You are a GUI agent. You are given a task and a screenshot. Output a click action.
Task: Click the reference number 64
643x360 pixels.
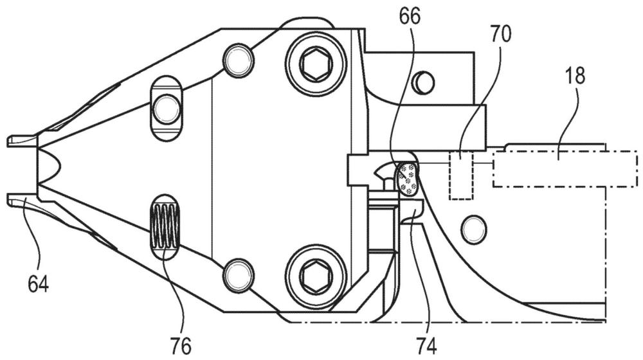pos(38,283)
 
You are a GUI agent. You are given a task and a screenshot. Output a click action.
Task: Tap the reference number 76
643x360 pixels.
pos(181,346)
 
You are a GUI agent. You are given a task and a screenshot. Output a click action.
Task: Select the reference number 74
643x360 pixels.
pos(426,345)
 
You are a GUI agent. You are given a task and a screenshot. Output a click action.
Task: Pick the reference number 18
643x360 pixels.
pos(575,76)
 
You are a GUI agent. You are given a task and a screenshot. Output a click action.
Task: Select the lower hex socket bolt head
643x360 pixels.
pos(314,273)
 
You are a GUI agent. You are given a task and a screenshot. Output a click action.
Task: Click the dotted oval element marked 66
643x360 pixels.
pos(407,177)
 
